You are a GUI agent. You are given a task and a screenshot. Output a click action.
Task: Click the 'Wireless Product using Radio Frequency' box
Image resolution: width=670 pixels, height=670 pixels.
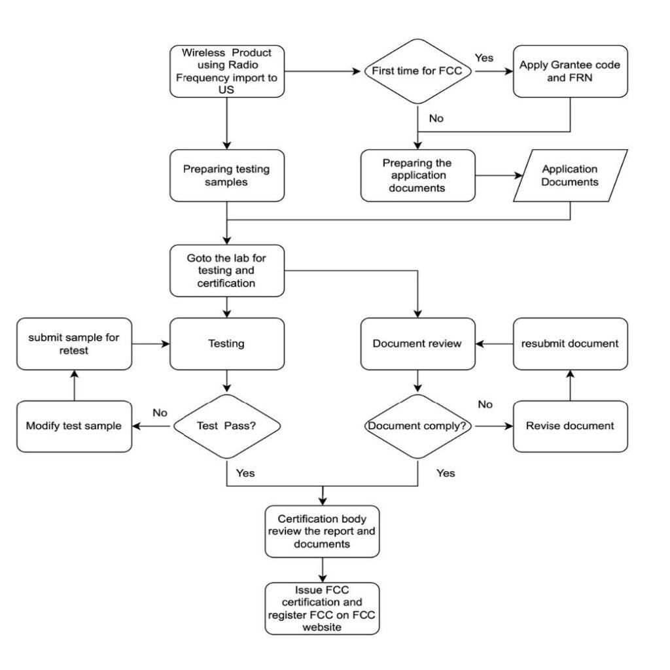pos(226,71)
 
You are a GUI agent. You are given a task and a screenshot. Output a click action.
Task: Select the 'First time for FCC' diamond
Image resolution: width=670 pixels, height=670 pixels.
pos(417,71)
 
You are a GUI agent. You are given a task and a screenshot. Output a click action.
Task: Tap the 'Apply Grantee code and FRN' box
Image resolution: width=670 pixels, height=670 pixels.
pos(570,71)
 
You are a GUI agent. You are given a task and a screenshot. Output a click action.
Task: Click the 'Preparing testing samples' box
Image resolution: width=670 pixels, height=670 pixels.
pos(226,175)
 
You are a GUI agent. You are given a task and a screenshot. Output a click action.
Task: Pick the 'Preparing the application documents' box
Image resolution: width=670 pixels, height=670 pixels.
pos(417,175)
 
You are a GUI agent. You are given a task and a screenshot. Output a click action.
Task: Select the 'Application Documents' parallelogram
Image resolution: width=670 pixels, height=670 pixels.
pos(569,175)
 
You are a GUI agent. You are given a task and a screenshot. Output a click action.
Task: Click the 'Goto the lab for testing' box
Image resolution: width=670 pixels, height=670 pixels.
pos(226,271)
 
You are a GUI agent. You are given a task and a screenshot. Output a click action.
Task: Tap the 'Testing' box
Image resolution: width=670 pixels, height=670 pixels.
pos(226,344)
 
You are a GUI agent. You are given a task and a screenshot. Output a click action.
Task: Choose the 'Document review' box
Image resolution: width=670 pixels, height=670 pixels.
pos(417,344)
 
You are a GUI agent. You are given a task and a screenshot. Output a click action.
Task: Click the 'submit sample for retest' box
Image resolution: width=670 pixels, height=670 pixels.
pos(74,344)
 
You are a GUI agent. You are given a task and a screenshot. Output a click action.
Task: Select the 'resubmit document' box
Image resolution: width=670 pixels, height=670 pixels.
pos(570,344)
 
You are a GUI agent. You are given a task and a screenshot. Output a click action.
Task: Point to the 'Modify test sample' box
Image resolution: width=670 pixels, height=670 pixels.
pos(74,426)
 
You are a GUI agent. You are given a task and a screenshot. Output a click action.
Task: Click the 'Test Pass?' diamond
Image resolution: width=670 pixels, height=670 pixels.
pos(226,426)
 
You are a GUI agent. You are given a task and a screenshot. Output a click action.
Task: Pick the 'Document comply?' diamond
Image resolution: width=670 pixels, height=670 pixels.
pos(417,426)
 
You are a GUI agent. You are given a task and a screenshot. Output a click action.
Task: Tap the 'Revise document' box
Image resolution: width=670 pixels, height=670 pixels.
pos(570,426)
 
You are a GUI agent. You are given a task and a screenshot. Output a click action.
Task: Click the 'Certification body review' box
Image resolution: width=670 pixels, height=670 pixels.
pos(322,531)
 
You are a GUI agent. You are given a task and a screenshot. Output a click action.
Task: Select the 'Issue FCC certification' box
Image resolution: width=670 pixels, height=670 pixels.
pos(322,608)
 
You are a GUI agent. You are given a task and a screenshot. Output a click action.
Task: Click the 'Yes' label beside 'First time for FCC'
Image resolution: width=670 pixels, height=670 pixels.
pos(484,58)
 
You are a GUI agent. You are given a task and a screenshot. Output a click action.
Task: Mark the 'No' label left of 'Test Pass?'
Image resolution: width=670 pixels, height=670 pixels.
pos(160,413)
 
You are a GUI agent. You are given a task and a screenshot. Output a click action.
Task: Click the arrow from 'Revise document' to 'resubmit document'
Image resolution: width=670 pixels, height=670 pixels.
pos(570,385)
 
